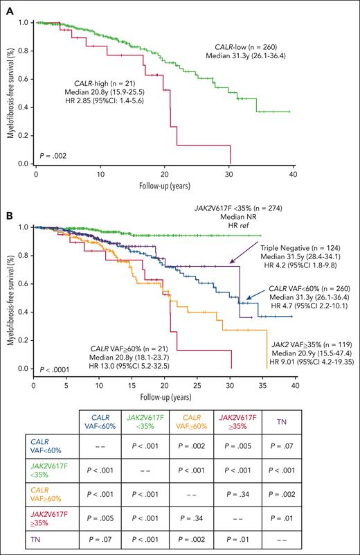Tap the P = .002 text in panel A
pyautogui.click(x=55, y=157)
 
